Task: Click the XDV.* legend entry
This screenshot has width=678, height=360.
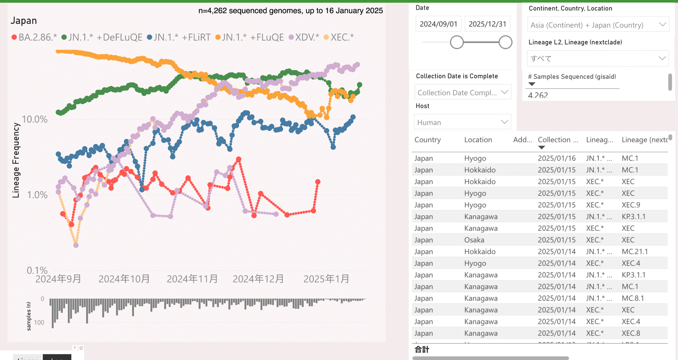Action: (x=304, y=37)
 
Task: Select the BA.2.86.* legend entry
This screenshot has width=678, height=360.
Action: (x=34, y=37)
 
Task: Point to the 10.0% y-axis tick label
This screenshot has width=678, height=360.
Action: (x=35, y=119)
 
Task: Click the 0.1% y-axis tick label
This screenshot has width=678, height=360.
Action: (x=37, y=270)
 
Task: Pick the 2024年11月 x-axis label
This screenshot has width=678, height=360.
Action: (x=192, y=279)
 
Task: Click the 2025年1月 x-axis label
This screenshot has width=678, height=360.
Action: (x=326, y=279)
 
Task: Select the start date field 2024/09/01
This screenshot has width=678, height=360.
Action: (x=438, y=24)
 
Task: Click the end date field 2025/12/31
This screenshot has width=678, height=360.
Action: (x=487, y=24)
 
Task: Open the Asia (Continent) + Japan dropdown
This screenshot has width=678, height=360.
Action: (x=598, y=25)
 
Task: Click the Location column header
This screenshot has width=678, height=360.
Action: (x=478, y=140)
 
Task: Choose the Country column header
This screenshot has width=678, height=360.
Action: (x=428, y=140)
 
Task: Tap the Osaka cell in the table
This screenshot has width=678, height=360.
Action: (x=474, y=240)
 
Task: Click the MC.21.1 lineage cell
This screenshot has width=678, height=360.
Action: (x=635, y=252)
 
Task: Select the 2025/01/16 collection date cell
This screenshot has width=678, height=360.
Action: (x=557, y=158)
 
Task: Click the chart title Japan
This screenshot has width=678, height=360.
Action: (x=24, y=21)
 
